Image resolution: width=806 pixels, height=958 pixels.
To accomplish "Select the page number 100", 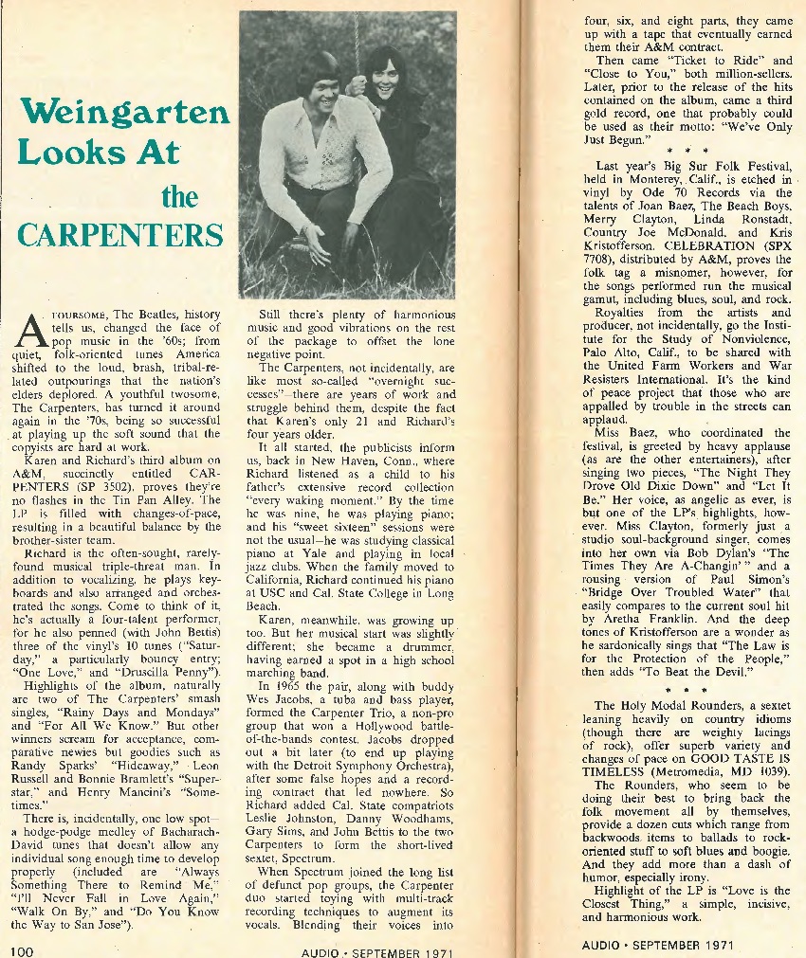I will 24,949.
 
